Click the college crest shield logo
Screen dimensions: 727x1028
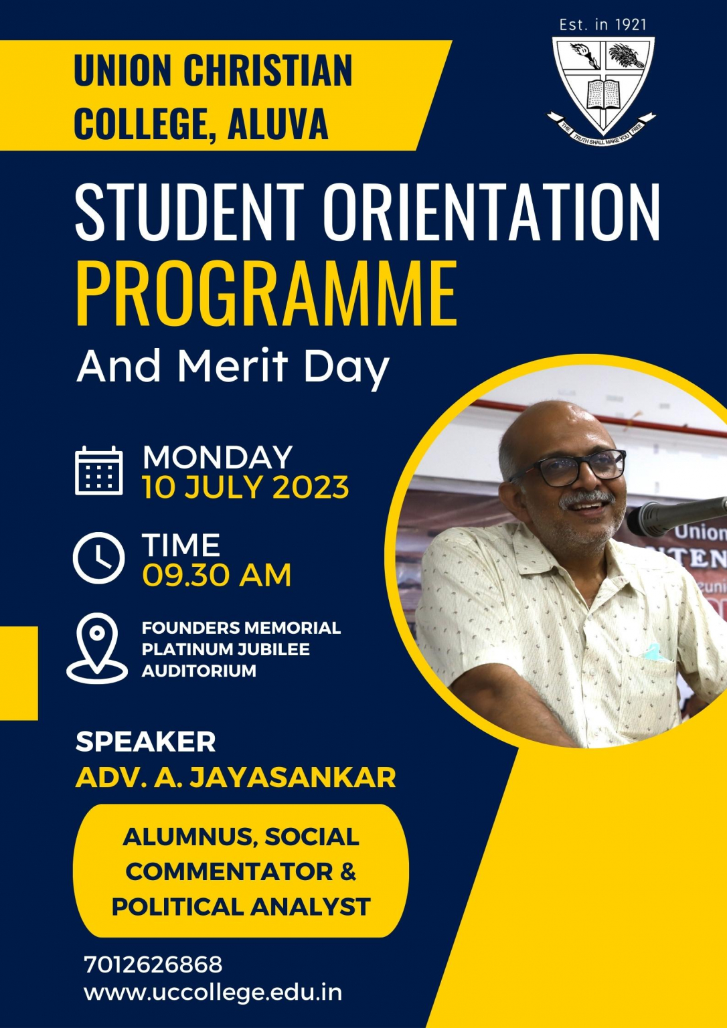pos(601,90)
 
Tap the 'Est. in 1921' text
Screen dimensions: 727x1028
pos(602,24)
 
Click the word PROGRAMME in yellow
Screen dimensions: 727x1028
pos(266,293)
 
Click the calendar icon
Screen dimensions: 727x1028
pos(98,470)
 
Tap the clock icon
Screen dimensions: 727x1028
pos(98,558)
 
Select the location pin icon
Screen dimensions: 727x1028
pos(97,648)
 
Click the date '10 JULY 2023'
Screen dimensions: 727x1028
pos(245,487)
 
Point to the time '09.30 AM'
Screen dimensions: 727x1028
pos(217,575)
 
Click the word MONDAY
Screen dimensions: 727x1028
pos(217,456)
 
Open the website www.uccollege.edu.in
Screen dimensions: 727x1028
pos(213,993)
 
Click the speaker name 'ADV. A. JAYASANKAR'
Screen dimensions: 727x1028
pos(236,777)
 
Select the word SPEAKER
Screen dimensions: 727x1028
pos(145,742)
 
